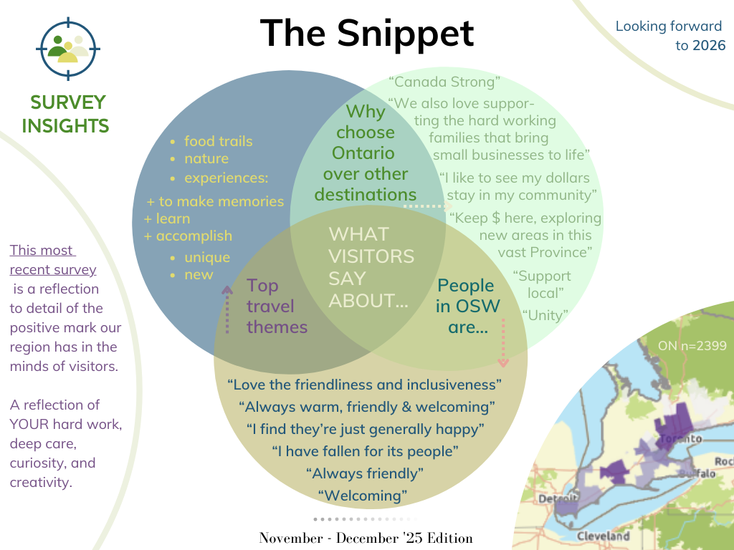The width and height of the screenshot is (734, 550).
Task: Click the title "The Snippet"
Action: [x=366, y=33]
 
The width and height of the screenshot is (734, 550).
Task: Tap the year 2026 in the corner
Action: [x=709, y=46]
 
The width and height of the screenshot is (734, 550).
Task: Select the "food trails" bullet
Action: [x=218, y=141]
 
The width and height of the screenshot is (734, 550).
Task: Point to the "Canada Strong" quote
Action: [x=444, y=82]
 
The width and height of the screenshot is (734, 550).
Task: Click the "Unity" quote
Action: [x=545, y=314]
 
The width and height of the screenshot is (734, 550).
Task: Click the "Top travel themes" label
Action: [x=277, y=307]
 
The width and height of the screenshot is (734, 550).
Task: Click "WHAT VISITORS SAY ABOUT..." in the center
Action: [x=371, y=267]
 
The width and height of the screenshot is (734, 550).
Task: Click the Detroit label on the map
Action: [x=558, y=498]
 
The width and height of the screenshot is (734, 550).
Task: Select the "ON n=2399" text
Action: [x=692, y=346]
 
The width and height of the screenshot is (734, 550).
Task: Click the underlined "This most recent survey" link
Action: [x=52, y=260]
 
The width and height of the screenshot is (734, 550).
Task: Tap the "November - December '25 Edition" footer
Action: [x=366, y=538]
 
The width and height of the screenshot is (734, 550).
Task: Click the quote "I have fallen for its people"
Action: [x=365, y=451]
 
